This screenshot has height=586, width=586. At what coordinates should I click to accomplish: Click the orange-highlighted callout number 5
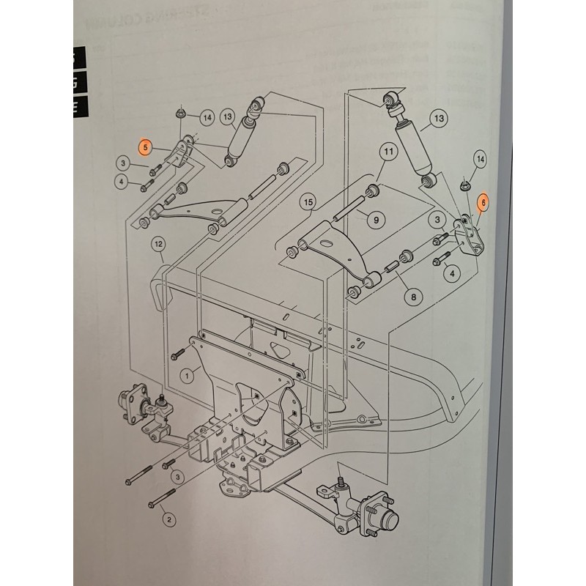click(146, 147)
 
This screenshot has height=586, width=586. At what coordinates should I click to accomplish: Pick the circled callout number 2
click(169, 519)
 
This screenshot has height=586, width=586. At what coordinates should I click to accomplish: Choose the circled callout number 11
click(387, 153)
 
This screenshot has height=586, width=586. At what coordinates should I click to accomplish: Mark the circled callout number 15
click(308, 201)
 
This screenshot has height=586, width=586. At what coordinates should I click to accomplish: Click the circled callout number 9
click(375, 218)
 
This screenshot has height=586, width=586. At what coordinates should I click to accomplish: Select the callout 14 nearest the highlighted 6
click(481, 159)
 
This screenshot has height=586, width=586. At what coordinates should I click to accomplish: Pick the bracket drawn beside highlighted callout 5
click(180, 155)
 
